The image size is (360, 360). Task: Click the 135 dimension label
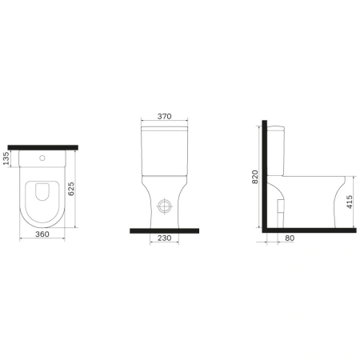point(6,160)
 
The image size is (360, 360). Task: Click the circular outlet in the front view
point(164,205)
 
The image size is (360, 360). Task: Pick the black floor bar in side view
point(308,228)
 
